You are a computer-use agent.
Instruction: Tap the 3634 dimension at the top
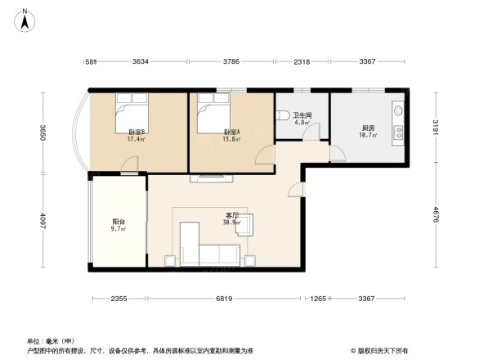[x=141, y=61]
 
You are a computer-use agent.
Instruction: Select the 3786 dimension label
[x=231, y=61]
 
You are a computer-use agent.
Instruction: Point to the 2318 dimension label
[x=302, y=61]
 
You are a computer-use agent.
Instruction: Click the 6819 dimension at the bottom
[x=225, y=299]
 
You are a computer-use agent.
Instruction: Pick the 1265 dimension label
[x=319, y=299]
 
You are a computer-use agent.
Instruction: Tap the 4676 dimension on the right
[x=436, y=215]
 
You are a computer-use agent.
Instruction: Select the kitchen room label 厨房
[x=368, y=128]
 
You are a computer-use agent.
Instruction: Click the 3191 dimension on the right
[x=436, y=129]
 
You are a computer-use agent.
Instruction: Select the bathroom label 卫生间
[x=302, y=115]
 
